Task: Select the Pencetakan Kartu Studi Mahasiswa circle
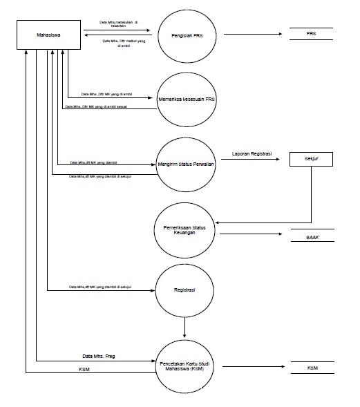(x=184, y=365)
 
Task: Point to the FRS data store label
(x=311, y=34)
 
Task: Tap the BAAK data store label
(x=312, y=236)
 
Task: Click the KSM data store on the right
(x=312, y=369)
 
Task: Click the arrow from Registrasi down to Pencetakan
(x=184, y=325)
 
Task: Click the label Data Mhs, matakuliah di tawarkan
(x=117, y=23)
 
